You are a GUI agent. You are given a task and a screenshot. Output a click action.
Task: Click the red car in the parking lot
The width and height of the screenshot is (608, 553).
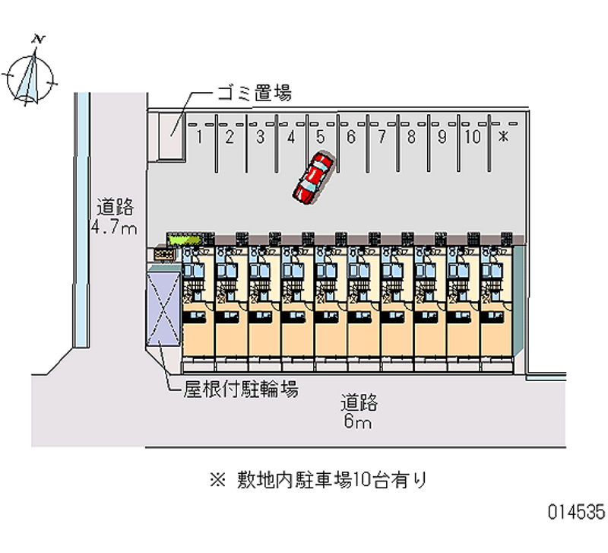pos(312,179)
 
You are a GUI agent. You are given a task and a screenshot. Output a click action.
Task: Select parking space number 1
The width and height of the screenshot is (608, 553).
pos(198,137)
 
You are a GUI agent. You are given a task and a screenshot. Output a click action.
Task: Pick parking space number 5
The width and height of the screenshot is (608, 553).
pos(320,137)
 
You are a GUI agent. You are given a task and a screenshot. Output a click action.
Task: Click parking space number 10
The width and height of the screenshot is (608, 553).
pos(472,137)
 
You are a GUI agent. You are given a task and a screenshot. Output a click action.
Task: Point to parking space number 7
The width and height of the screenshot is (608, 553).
pos(381,137)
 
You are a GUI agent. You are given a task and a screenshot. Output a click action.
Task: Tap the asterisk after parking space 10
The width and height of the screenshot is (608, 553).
pos(502,137)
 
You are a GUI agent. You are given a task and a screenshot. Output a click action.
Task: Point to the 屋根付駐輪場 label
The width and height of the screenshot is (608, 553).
pos(240,389)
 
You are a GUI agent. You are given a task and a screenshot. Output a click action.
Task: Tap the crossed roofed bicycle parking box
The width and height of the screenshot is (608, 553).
pos(164,308)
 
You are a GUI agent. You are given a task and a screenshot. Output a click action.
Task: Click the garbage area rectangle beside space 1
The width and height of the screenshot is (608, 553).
pos(170,137)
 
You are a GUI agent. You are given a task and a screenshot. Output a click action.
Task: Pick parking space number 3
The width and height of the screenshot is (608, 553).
pos(259,137)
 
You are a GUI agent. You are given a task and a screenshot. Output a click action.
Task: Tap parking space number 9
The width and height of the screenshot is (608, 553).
pos(442,137)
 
